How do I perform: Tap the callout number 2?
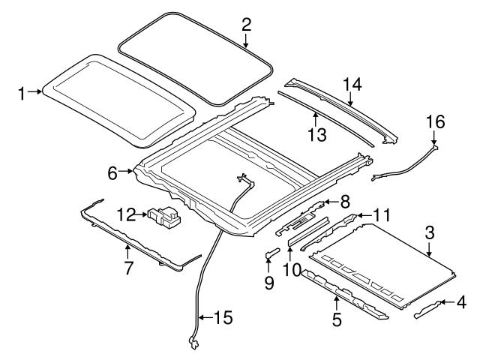[245, 24]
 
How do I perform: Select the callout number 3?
[428, 233]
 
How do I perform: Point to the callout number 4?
[461, 304]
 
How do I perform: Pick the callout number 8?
[344, 201]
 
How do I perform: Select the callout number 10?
[289, 268]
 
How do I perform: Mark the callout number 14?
[352, 85]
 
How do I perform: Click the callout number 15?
[223, 318]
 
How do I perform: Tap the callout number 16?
[435, 120]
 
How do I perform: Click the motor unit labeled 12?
[166, 217]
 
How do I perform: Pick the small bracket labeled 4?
[428, 309]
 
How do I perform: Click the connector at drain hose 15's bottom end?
[193, 343]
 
